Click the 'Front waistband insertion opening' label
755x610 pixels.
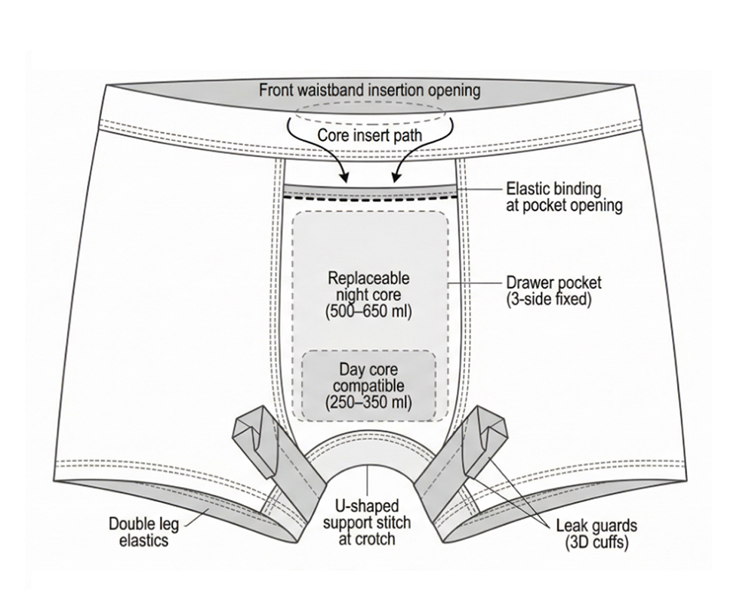click(369, 91)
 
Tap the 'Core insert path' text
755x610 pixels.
click(369, 136)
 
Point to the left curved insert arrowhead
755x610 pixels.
click(345, 179)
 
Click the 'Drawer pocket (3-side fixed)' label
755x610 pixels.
click(553, 291)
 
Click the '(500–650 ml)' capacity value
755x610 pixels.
click(369, 310)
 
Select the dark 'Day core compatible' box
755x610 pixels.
click(369, 385)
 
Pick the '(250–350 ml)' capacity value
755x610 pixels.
click(369, 402)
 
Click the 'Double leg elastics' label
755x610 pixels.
click(147, 531)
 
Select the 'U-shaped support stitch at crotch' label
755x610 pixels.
click(368, 522)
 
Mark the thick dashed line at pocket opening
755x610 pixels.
click(369, 198)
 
